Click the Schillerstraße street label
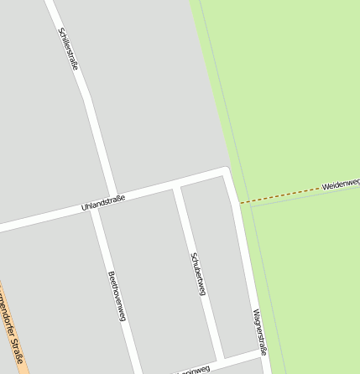(69, 49)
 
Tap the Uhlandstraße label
(103, 201)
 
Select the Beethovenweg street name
(117, 296)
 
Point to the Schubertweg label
(198, 273)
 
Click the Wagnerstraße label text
(258, 332)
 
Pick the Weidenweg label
(340, 183)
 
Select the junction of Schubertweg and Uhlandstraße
(176, 185)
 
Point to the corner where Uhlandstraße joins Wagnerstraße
(226, 173)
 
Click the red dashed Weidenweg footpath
(281, 195)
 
